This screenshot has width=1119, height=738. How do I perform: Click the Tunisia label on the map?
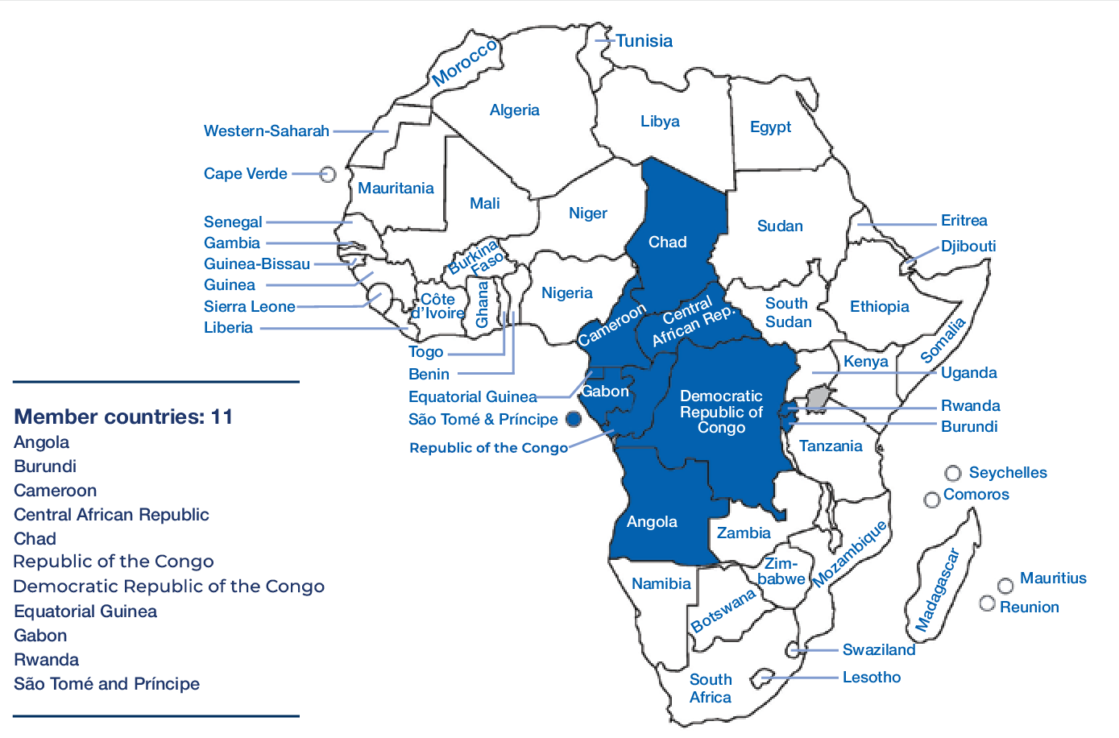tap(644, 41)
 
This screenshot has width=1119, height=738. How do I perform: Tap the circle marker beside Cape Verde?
tap(327, 174)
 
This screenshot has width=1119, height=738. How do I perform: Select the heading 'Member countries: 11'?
tap(123, 417)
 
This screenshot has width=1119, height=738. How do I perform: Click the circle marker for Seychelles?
tap(953, 473)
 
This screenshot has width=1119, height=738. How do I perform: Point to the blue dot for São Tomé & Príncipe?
tap(574, 419)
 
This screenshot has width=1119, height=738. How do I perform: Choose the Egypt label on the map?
tap(770, 127)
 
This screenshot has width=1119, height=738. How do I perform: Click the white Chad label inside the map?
tap(667, 243)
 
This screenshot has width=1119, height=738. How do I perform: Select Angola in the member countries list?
tap(42, 442)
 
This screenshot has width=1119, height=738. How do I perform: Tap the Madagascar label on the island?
tap(937, 590)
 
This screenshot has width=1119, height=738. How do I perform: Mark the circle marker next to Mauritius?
tap(1005, 586)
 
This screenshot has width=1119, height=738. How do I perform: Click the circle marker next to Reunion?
tap(987, 603)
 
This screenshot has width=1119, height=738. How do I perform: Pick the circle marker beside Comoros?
tap(932, 500)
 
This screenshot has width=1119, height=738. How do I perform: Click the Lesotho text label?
tap(871, 678)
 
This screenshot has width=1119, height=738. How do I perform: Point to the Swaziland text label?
tap(878, 650)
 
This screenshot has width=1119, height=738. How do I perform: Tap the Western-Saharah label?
tap(266, 131)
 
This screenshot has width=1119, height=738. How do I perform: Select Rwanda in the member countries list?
tap(47, 660)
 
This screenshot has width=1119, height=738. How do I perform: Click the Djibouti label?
tap(968, 247)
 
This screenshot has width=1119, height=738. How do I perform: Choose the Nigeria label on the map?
tap(566, 293)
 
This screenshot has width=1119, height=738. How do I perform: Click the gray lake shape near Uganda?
tap(819, 397)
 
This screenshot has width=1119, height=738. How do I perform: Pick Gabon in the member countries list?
tap(40, 636)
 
